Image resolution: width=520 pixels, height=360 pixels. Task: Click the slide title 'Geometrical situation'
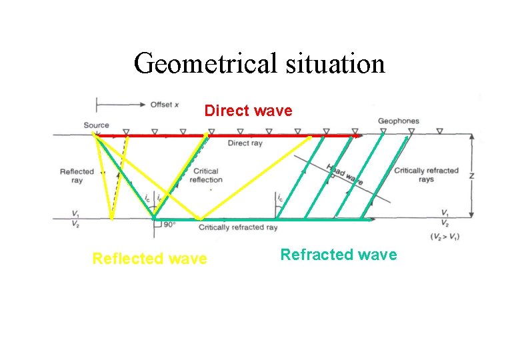[259, 64]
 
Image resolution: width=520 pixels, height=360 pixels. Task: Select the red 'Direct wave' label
[248, 111]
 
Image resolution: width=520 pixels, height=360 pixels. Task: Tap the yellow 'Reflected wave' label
[149, 259]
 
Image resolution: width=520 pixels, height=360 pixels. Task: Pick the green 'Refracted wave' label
[338, 255]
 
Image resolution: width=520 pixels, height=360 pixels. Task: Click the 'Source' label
[97, 125]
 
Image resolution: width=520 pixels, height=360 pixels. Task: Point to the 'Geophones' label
[399, 121]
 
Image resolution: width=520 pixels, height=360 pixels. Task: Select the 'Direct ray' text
[245, 143]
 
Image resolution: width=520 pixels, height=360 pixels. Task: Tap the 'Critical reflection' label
[206, 175]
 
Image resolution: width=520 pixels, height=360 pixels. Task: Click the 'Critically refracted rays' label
[426, 175]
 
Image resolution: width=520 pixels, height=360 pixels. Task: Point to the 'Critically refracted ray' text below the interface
[238, 227]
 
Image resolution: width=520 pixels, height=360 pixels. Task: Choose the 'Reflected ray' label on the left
[77, 176]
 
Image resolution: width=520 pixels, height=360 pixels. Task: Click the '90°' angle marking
[169, 225]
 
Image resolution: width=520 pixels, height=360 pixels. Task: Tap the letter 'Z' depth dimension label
[472, 176]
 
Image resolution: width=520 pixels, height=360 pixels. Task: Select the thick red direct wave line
[227, 135]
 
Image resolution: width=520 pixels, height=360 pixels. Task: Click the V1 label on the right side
[445, 213]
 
